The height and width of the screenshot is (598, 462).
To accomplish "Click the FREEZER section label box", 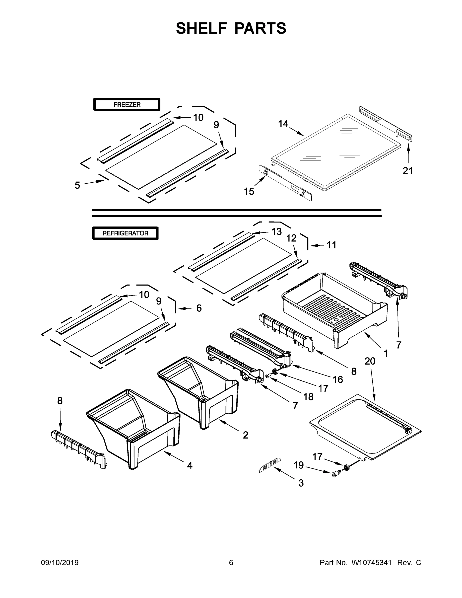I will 127,105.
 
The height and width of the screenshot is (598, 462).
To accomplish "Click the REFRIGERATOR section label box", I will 125,233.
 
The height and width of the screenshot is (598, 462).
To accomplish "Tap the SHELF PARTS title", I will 231,28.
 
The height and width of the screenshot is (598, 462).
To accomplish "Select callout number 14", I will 283,124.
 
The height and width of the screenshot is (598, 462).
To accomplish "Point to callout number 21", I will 407,171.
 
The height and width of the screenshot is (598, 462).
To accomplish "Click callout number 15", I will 249,191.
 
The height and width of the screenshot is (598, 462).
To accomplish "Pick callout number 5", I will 77,185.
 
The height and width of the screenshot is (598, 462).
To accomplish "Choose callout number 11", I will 331,245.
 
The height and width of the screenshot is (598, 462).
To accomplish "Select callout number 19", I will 299,465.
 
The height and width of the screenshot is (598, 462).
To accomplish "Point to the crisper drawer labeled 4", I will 134,427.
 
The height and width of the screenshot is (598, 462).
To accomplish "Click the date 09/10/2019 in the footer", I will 60,563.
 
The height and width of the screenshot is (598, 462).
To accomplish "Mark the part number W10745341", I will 371,563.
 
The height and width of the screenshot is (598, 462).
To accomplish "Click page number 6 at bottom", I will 231,563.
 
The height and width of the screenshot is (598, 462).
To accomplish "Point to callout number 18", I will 308,397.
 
